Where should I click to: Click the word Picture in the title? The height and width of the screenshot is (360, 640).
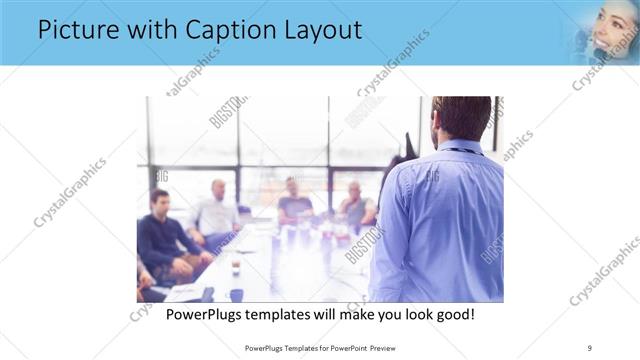click(x=76, y=31)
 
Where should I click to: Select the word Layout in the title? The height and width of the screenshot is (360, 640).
click(x=316, y=31)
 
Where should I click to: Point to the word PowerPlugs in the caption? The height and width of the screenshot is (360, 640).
click(x=208, y=315)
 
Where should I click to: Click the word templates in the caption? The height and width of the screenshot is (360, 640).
click(x=292, y=315)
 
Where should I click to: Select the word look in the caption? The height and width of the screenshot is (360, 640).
click(x=414, y=315)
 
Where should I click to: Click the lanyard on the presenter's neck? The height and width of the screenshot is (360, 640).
click(x=462, y=151)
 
